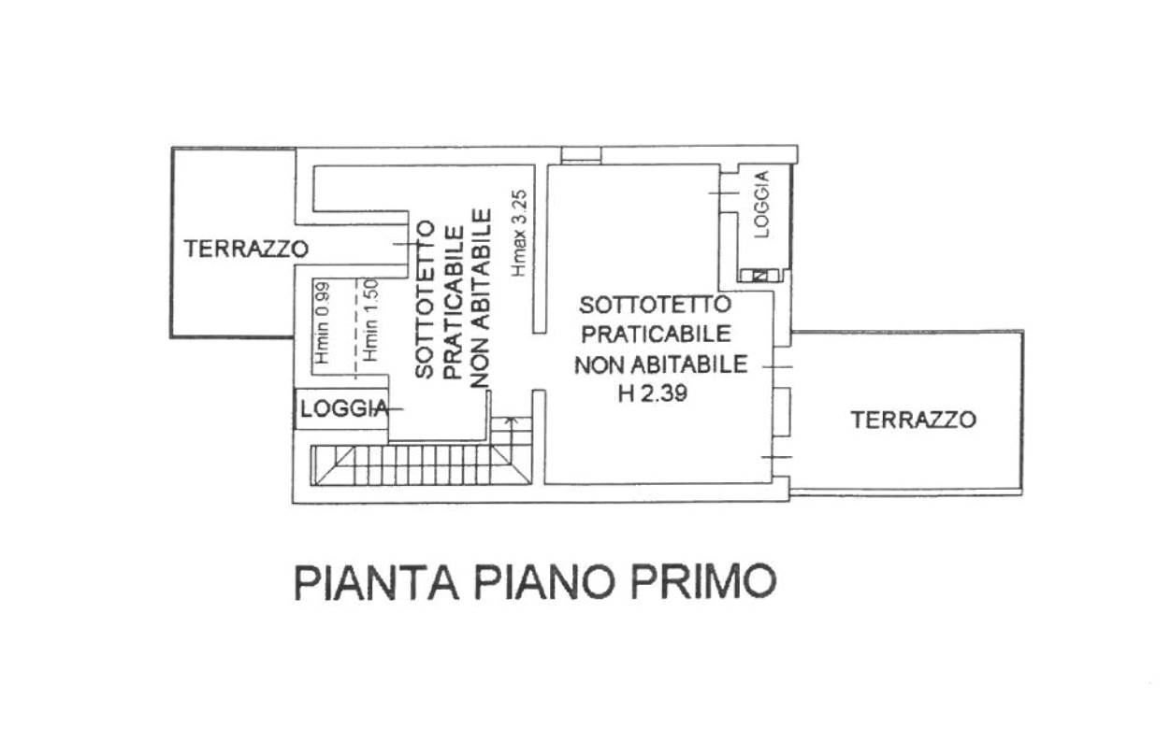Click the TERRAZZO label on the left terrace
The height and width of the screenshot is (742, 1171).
coord(246,250)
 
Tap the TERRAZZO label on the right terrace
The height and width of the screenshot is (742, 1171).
coord(913,420)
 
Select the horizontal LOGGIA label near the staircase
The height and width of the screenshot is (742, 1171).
coord(344,409)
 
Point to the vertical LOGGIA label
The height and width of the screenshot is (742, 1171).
coord(762,204)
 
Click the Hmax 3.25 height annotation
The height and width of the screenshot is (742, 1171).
coord(520,233)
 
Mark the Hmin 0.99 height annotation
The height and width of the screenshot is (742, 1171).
coord(322,322)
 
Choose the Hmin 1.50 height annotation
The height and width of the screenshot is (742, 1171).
coord(370,321)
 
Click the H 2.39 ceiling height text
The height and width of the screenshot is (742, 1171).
coord(653,393)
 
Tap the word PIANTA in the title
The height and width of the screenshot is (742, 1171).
coord(377,582)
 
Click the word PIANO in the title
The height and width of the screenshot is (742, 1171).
coord(543,582)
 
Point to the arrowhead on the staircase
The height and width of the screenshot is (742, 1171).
coord(512,420)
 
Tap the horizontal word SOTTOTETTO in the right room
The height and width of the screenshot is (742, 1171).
coord(655,305)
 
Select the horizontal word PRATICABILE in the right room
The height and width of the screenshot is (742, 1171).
coord(656,335)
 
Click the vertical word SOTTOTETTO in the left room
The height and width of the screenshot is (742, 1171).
coord(425,299)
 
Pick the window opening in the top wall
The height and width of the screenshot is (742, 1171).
coord(581,155)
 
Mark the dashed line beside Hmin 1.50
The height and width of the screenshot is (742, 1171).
coord(356,328)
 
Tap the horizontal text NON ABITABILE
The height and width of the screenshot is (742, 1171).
coord(660,364)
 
